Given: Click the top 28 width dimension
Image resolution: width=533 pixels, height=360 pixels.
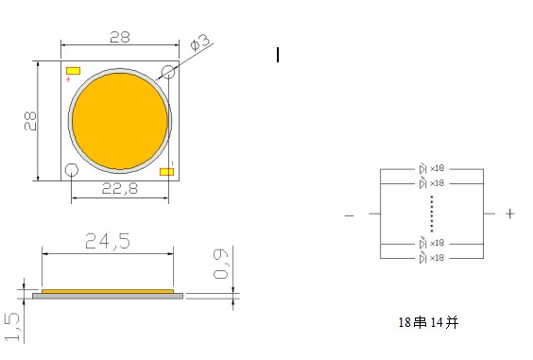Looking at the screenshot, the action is click(x=120, y=37).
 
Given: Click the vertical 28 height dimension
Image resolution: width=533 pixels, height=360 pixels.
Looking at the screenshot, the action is click(x=30, y=121).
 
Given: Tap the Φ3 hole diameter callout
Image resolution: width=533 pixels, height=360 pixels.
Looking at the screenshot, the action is click(x=200, y=43).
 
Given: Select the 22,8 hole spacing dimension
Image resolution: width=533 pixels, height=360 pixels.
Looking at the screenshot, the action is click(x=120, y=188).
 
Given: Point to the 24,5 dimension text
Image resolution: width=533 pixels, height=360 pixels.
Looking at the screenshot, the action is click(x=108, y=241).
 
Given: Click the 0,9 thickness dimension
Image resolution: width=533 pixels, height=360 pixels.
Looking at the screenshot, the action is click(x=221, y=264).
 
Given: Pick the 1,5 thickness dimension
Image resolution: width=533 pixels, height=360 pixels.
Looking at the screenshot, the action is click(x=12, y=327).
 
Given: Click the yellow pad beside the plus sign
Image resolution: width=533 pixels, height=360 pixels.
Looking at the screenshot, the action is click(x=73, y=71).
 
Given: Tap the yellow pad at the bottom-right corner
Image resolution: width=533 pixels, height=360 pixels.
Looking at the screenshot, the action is click(x=167, y=172).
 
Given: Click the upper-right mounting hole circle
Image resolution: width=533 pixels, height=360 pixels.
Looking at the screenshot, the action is click(x=168, y=73).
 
